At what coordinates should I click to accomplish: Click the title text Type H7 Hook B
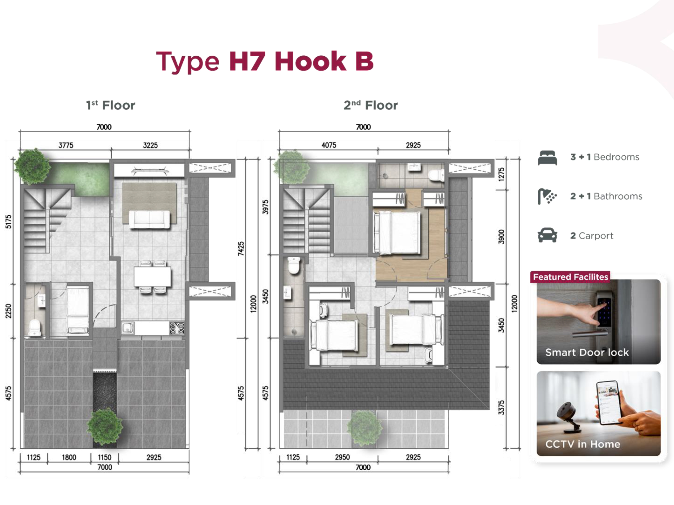pyautogui.click(x=264, y=62)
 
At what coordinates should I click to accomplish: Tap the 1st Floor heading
pyautogui.click(x=110, y=105)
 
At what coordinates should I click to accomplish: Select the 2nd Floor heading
pyautogui.click(x=370, y=105)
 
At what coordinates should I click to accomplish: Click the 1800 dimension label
pyautogui.click(x=69, y=457)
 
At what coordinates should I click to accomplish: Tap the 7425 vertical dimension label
pyautogui.click(x=241, y=249)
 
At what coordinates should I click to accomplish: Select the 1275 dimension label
pyautogui.click(x=501, y=175)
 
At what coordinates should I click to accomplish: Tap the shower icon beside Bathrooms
pyautogui.click(x=547, y=196)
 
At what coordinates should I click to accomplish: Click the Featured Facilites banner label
pyautogui.click(x=570, y=277)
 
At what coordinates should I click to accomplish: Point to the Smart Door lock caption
pyautogui.click(x=587, y=352)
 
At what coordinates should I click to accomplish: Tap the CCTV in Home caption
pyautogui.click(x=583, y=444)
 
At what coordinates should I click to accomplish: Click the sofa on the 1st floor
pyautogui.click(x=149, y=219)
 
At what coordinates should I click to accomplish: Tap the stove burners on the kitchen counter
pyautogui.click(x=177, y=328)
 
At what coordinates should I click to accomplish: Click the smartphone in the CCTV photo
pyautogui.click(x=609, y=402)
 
